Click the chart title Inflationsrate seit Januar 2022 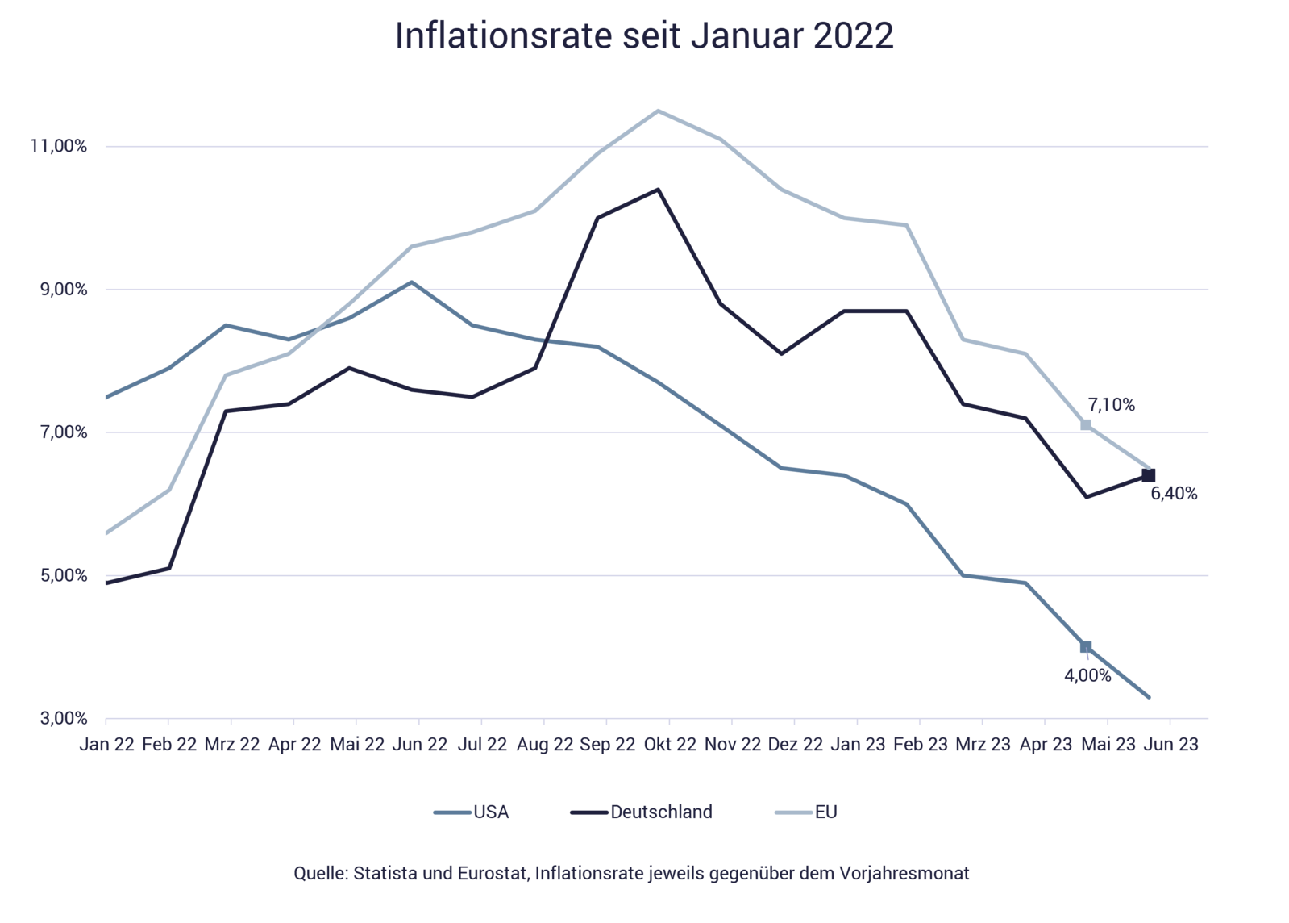(644, 36)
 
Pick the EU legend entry (825, 812)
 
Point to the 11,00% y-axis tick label (58, 146)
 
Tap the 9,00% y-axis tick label (62, 290)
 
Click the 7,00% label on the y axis (62, 432)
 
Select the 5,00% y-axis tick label (62, 576)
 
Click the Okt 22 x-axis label (670, 745)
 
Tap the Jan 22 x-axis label (106, 745)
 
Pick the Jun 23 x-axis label (1171, 745)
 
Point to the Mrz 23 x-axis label (983, 745)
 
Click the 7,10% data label (1111, 406)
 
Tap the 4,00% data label (1087, 676)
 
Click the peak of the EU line (659, 110)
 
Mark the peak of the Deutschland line (659, 189)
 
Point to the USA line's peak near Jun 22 (412, 282)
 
